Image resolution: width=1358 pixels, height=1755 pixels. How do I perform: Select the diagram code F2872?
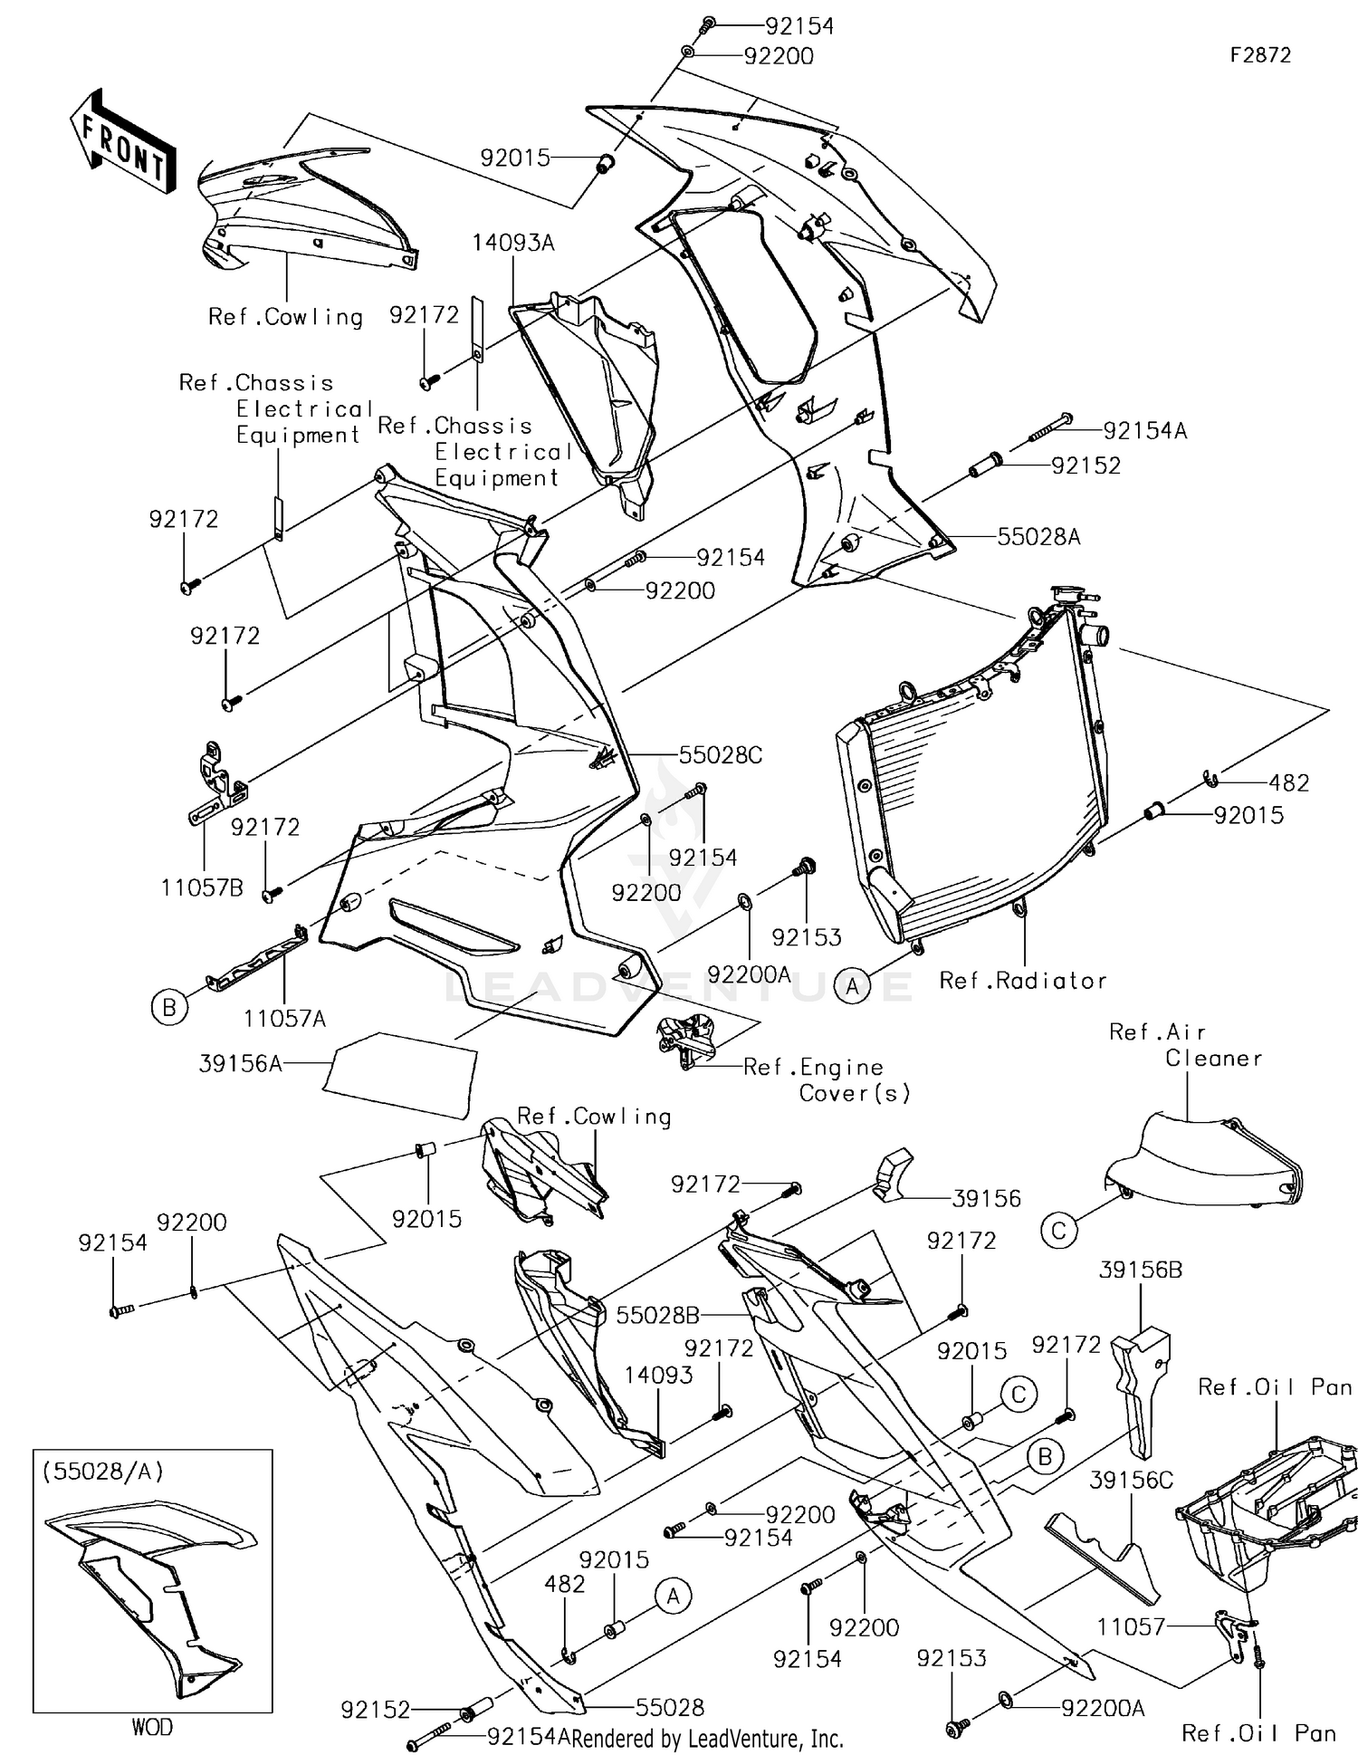1259,56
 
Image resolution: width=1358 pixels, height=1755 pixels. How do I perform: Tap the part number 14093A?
512,243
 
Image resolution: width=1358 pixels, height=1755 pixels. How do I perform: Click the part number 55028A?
1038,537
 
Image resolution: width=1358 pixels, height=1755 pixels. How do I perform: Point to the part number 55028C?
721,755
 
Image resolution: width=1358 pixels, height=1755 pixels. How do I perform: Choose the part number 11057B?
202,887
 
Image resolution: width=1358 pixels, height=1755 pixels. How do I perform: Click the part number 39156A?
241,1064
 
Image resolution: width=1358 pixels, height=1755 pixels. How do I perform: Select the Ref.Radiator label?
1023,981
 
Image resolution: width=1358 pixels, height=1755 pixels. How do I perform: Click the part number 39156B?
1141,1271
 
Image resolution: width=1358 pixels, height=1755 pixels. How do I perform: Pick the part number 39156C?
1131,1480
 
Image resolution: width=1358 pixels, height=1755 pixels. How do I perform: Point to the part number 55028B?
658,1315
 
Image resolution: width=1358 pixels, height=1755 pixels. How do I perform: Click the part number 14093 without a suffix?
658,1375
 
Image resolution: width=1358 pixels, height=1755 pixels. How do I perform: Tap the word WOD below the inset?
152,1727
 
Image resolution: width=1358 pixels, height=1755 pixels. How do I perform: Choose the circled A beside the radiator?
852,986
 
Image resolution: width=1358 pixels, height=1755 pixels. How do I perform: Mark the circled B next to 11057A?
169,1007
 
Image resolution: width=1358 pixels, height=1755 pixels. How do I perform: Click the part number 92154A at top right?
1144,431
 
